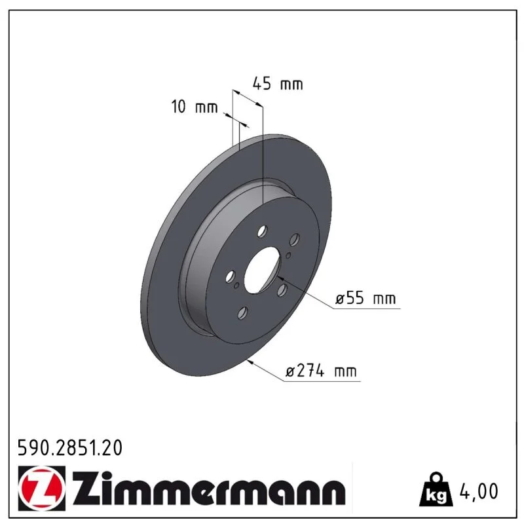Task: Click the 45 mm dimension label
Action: pyautogui.click(x=278, y=84)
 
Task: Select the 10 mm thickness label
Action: pyautogui.click(x=195, y=107)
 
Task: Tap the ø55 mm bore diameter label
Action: pyautogui.click(x=365, y=298)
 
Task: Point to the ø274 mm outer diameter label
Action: pyautogui.click(x=321, y=371)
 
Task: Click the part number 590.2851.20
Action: pyautogui.click(x=70, y=448)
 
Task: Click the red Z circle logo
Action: pyautogui.click(x=41, y=488)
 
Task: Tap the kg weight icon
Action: pyautogui.click(x=436, y=489)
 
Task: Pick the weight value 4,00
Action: pyautogui.click(x=479, y=491)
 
